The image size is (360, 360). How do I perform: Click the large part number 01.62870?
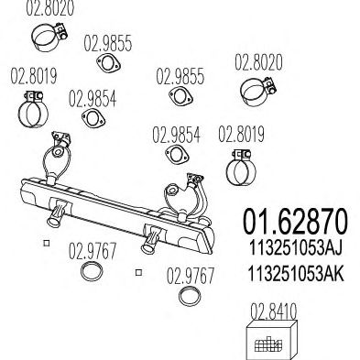pos(295,222)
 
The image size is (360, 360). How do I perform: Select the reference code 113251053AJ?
pos(295,247)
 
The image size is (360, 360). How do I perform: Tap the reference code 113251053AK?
pos(296,273)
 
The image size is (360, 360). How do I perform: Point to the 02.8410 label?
pos(273,311)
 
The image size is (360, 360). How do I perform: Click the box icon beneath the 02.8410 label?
pos(271,340)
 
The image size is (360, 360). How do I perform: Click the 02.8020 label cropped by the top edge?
pos(50,8)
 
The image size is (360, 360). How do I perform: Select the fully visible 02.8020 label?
pos(258,62)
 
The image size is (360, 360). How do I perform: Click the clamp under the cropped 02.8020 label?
pos(49,38)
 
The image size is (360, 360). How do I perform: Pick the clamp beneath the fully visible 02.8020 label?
pos(258,91)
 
